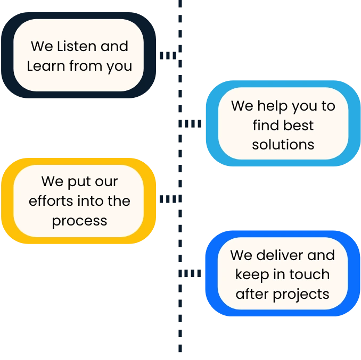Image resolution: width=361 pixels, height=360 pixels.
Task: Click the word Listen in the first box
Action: coord(76,47)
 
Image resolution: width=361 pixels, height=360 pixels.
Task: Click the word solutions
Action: coord(283,145)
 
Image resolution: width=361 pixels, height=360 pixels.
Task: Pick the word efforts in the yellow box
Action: coord(51,201)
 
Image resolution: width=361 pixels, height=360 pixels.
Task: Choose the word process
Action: coord(79,221)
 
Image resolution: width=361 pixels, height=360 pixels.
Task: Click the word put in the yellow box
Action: coord(79,182)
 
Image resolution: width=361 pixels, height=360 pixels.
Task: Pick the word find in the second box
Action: coord(265,125)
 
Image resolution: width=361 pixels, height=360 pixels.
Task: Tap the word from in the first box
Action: coord(90,66)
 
